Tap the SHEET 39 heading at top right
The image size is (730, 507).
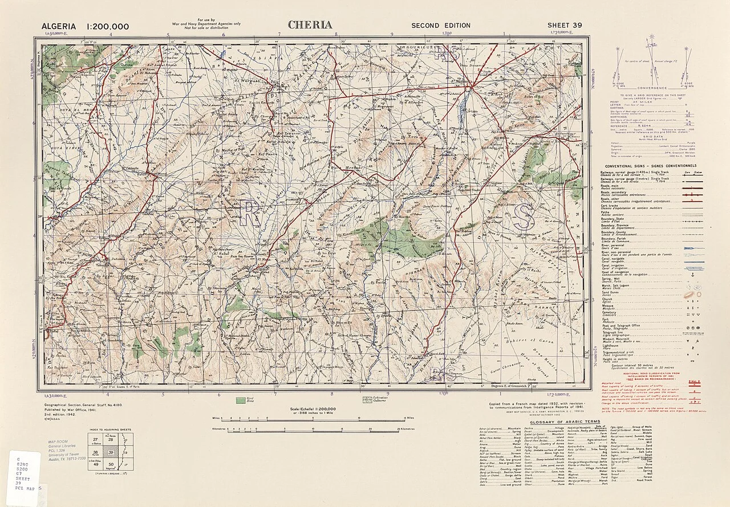565,25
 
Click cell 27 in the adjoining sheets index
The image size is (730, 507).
94,439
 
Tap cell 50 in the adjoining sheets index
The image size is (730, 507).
110,465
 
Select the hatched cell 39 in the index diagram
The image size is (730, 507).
110,452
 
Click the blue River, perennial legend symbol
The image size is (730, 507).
693,248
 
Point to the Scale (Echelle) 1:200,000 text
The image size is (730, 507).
313,409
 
